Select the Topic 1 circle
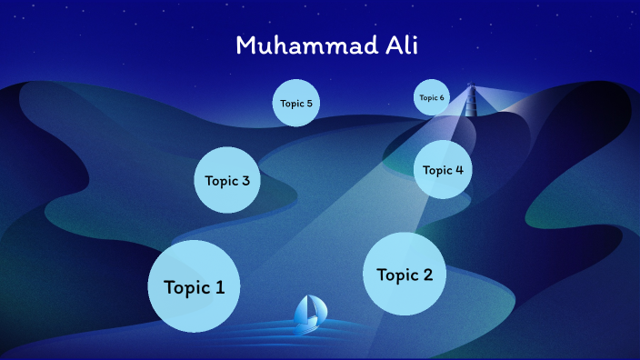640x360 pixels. pos(194,286)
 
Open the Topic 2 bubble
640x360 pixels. pos(405,274)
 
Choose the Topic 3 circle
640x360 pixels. pos(227,180)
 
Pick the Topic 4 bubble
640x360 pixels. pos(443,169)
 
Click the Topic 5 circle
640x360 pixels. pos(296,104)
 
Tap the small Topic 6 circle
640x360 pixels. pos(432,98)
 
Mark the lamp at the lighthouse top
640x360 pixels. pos(471,88)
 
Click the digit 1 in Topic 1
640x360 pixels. pos(219,287)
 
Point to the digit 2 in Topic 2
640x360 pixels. pos(427,275)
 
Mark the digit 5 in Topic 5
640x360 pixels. pos(309,104)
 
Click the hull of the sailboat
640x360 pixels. pos(308,322)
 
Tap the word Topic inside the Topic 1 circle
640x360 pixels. pos(185,287)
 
